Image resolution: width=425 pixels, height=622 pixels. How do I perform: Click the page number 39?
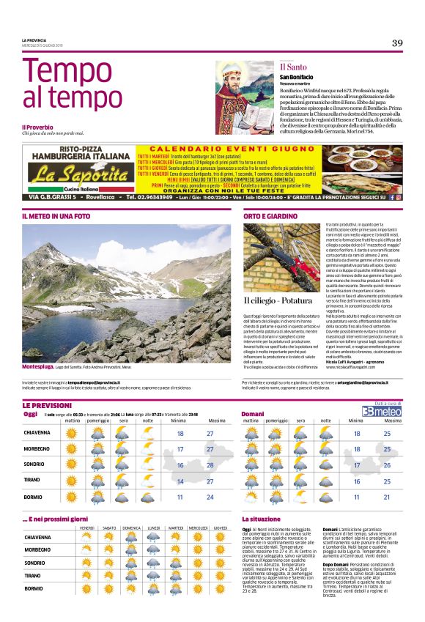pyautogui.click(x=396, y=43)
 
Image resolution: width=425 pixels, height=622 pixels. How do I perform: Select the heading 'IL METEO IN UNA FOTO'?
pyautogui.click(x=56, y=217)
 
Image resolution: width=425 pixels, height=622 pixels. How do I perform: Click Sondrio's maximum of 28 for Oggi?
pyautogui.click(x=210, y=465)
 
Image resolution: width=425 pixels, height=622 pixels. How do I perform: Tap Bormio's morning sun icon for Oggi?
pyautogui.click(x=72, y=497)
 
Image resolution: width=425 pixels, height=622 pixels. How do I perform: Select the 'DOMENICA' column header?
pyautogui.click(x=132, y=527)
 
